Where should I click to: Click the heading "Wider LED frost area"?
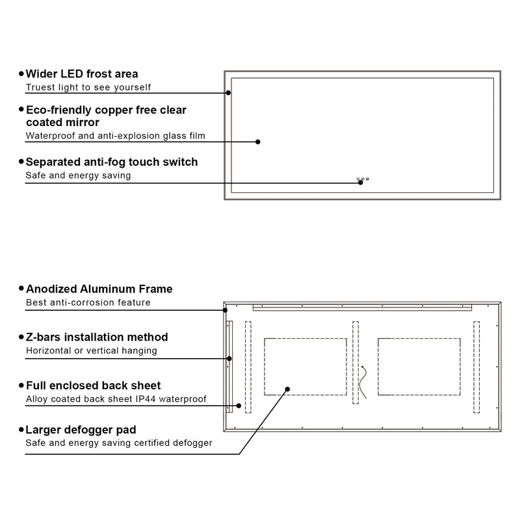[81, 74]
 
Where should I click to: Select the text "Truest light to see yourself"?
[88, 87]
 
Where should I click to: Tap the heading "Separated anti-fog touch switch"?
[111, 162]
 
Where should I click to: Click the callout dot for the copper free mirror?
[258, 142]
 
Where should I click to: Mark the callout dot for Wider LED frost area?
[229, 92]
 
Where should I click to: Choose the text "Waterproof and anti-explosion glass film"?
[115, 136]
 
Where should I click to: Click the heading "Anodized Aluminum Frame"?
[99, 289]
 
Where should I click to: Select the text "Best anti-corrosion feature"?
[88, 302]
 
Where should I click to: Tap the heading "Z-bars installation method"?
[97, 337]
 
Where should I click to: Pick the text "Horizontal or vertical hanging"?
[91, 351]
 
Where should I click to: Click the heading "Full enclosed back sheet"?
[93, 386]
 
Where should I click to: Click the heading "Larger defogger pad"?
[81, 430]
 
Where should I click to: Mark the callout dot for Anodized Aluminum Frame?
[226, 310]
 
